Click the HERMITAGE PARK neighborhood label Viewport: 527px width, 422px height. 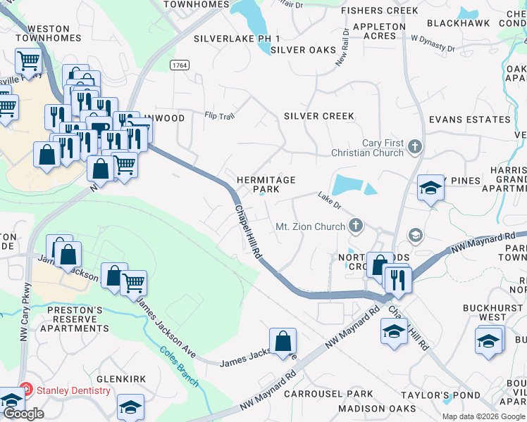click(266, 185)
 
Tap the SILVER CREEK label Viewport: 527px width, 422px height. click(318, 116)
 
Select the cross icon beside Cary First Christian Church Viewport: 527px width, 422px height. click(415, 147)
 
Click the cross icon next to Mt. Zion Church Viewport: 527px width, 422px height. click(356, 226)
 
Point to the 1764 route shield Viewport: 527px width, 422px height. click(179, 65)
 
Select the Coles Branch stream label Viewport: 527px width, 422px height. click(178, 366)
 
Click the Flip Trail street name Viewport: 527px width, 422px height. click(218, 115)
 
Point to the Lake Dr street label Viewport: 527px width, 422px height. click(328, 200)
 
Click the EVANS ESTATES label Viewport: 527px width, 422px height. click(469, 120)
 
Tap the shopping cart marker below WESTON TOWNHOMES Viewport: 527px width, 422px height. click(27, 61)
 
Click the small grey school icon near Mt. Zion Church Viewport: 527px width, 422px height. click(416, 235)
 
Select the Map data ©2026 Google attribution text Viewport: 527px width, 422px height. click(483, 416)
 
